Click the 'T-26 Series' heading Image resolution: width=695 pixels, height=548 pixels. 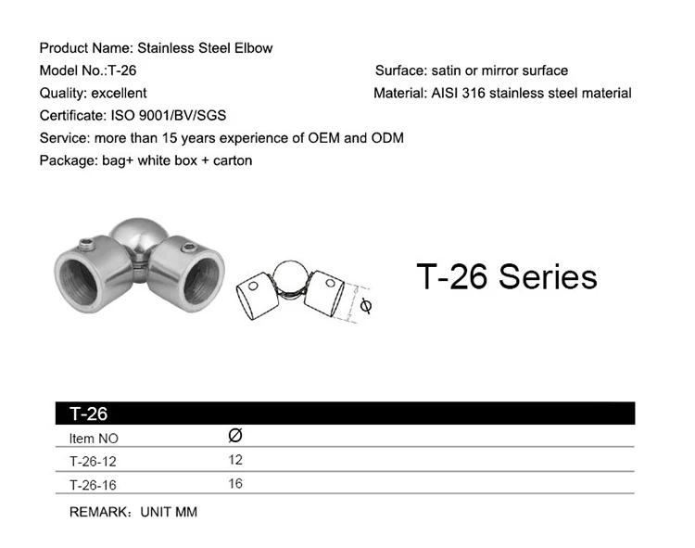pyautogui.click(x=506, y=276)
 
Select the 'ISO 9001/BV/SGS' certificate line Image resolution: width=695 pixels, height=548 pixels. pyautogui.click(x=133, y=116)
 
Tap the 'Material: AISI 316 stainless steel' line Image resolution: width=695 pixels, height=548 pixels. pyautogui.click(x=502, y=93)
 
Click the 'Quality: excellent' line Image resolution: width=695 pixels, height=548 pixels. pyautogui.click(x=93, y=93)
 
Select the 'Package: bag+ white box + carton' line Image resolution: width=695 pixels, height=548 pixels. pyautogui.click(x=145, y=160)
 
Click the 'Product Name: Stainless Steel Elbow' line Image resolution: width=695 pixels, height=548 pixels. pyautogui.click(x=156, y=48)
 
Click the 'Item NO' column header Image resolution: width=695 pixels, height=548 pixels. pyautogui.click(x=94, y=439)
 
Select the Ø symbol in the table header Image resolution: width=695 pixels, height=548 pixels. pyautogui.click(x=234, y=435)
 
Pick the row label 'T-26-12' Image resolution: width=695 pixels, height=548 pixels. pyautogui.click(x=93, y=461)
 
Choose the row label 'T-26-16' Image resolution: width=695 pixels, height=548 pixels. pyautogui.click(x=93, y=484)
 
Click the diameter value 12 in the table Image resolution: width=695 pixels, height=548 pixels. pyautogui.click(x=234, y=460)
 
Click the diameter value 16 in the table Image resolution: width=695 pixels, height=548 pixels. pyautogui.click(x=234, y=483)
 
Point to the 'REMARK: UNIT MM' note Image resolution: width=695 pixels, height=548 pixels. pyautogui.click(x=133, y=512)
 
